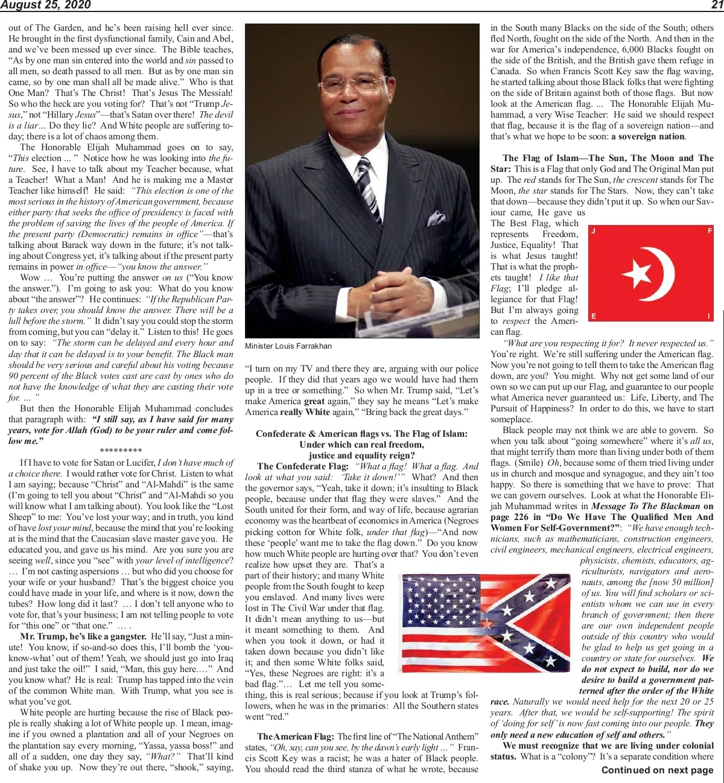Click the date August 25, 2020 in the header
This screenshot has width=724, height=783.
click(x=45, y=5)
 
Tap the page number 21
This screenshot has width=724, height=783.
click(x=716, y=5)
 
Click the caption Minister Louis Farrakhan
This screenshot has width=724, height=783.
click(x=288, y=346)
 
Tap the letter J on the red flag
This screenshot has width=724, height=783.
click(x=594, y=232)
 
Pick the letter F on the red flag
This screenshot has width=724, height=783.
click(x=710, y=231)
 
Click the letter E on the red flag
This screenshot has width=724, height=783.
click(x=594, y=316)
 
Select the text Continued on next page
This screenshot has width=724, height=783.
click(x=657, y=770)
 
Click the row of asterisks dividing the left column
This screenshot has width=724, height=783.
click(x=121, y=451)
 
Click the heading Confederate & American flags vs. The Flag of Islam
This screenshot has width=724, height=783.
click(x=361, y=434)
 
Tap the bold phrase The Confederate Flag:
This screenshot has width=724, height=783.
click(x=303, y=466)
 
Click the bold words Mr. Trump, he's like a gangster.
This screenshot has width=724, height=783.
click(x=83, y=636)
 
